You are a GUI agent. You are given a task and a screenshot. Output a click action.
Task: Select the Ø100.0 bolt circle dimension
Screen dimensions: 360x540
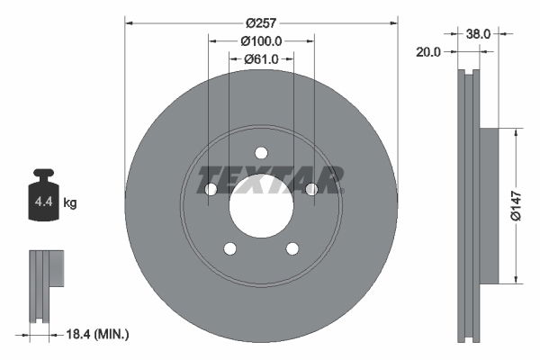(x=261, y=40)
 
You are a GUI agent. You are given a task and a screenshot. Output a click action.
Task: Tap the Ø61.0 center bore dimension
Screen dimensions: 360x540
(x=261, y=59)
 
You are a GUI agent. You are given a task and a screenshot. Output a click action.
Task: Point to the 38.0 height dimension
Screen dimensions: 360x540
(x=478, y=32)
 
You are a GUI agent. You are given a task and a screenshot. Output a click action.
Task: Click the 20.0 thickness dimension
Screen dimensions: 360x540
(x=429, y=52)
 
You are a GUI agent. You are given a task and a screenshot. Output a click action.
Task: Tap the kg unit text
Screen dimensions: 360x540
(x=70, y=203)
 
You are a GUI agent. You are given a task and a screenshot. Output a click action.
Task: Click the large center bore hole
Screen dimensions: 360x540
(x=261, y=205)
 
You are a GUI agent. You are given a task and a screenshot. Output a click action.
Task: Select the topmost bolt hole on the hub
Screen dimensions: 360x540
(x=261, y=152)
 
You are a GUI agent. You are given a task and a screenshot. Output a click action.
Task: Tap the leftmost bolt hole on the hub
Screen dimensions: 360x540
(x=211, y=189)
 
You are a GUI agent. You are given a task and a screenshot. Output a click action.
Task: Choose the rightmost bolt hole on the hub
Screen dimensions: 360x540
(x=311, y=189)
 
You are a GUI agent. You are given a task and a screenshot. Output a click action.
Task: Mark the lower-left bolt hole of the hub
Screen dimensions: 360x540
(x=229, y=248)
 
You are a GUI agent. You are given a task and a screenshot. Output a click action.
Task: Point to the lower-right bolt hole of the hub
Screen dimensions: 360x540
(x=292, y=248)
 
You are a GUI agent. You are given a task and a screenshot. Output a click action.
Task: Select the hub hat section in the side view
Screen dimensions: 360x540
(x=489, y=205)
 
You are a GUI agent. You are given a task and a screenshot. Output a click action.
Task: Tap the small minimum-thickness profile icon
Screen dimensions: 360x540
(x=44, y=283)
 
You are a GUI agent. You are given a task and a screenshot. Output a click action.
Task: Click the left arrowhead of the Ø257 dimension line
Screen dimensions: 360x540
(x=129, y=20)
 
